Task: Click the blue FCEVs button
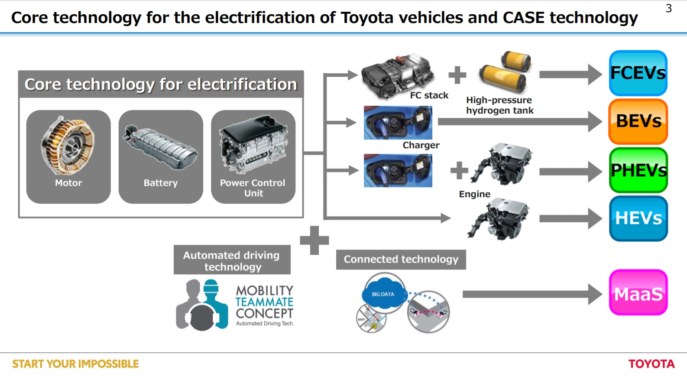pos(638,73)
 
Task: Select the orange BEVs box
pos(638,121)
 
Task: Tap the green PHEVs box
pos(638,170)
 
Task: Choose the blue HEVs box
pos(638,218)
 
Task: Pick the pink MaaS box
pos(638,292)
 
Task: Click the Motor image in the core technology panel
pos(68,145)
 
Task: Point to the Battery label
pos(161,183)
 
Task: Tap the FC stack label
pos(429,95)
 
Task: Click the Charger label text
pos(421,145)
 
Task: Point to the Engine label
pos(474,194)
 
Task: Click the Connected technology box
pos(401,260)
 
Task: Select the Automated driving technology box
pos(232,260)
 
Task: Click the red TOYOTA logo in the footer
pos(651,364)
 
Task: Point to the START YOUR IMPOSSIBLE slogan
pos(75,364)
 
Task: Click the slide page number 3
pos(668,9)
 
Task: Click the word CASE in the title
pos(523,18)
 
